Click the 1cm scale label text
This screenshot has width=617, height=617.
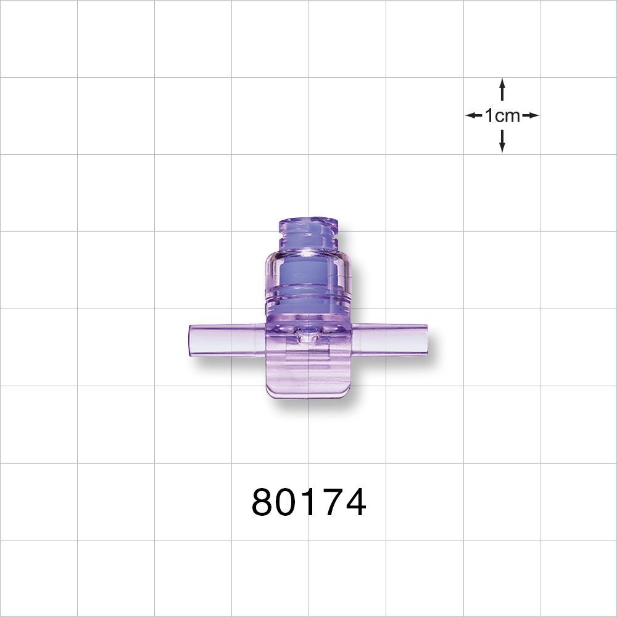coord(502,115)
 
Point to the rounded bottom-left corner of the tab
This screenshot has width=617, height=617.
coord(270,394)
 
